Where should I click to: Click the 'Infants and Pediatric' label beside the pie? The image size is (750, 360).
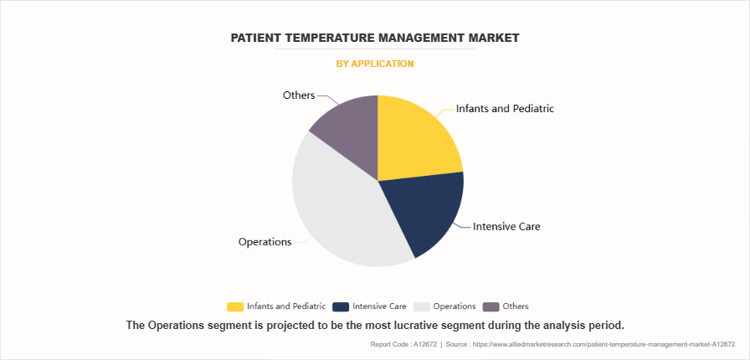tap(505, 109)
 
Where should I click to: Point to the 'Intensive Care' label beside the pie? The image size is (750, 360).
tap(506, 226)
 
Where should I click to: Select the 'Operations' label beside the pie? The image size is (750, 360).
tap(265, 242)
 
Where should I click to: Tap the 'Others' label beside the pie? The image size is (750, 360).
tap(299, 95)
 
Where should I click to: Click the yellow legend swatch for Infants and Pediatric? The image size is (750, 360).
tap(235, 306)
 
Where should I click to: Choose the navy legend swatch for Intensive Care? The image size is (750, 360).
tap(341, 306)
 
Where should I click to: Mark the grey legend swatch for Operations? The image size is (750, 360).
tap(421, 306)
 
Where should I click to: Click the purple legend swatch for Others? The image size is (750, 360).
tap(491, 306)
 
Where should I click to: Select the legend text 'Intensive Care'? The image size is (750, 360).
tap(379, 306)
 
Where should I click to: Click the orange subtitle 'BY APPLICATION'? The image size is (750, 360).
tap(375, 64)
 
